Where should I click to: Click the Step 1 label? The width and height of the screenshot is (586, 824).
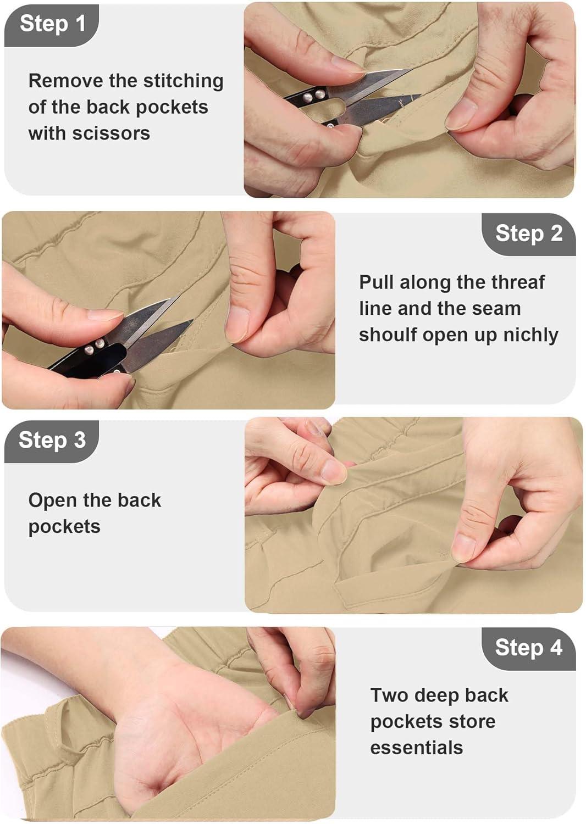[52, 24]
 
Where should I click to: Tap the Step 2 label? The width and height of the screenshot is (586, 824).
[529, 233]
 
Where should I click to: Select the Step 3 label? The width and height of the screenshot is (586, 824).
[52, 440]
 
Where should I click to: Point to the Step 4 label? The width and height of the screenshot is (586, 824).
[529, 647]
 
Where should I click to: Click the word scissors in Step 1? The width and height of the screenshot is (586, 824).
[111, 133]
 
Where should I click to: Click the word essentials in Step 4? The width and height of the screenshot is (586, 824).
[416, 748]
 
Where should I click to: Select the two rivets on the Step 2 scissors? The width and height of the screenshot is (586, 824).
[93, 347]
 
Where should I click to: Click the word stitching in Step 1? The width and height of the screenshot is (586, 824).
[183, 81]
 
